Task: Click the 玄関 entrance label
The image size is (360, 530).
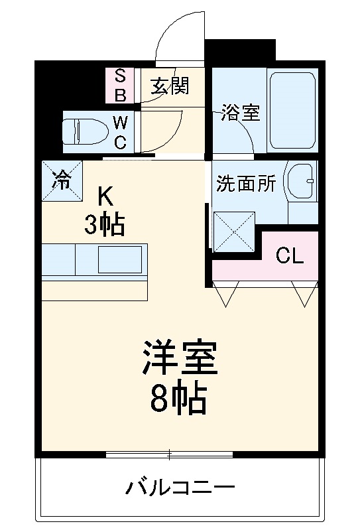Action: point(169,87)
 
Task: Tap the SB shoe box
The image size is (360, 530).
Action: point(121,86)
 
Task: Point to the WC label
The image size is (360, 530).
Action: point(120,131)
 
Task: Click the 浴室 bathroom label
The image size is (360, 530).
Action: point(240,112)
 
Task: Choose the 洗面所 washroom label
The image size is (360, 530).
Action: point(246,184)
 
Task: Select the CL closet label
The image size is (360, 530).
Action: point(290,256)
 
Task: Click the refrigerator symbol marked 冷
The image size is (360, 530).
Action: point(61,180)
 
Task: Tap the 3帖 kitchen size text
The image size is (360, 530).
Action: point(105,226)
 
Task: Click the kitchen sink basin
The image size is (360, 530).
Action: point(120,259)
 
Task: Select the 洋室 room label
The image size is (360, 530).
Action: point(179,359)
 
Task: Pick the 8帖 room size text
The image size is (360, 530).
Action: point(179,398)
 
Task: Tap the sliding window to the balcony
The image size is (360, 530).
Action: point(169,455)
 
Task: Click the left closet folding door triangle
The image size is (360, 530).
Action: point(225,294)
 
